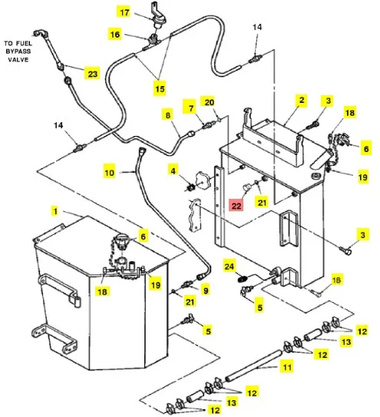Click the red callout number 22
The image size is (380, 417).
point(236,206)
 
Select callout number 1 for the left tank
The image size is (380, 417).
point(55,211)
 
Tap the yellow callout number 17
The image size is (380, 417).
point(124,12)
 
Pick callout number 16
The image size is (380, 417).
point(115,35)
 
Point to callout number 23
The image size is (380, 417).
point(92,74)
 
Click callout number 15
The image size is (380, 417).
point(160,88)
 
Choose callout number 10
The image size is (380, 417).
point(109,173)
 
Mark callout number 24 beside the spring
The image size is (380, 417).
point(230,266)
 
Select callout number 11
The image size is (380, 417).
point(287,367)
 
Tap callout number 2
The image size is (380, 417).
point(302,101)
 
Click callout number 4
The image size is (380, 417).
point(173,170)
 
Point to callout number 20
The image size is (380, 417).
point(210,102)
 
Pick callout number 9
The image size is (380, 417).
point(206,290)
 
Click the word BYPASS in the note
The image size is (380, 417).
point(18,51)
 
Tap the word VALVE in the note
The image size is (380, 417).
point(18,59)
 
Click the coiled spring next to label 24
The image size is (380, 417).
point(243,279)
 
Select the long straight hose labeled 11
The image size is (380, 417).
point(253,366)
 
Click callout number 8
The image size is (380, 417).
point(168,115)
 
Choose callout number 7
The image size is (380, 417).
point(191,108)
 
